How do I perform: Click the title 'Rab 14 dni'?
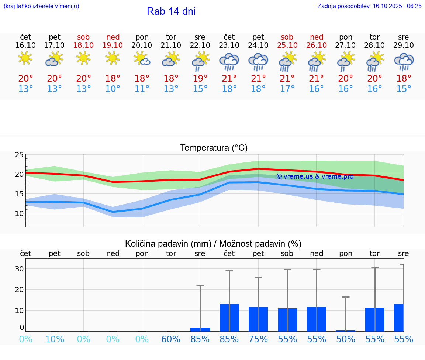coord(171,11)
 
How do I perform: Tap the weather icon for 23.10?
coord(229,62)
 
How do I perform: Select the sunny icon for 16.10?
coord(25,58)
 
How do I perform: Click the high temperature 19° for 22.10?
coord(200,79)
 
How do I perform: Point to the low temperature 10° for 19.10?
coord(113,89)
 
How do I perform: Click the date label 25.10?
coord(287,45)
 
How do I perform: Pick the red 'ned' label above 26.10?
coord(317,37)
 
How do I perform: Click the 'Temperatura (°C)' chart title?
coord(214,148)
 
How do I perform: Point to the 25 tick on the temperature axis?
coord(19,155)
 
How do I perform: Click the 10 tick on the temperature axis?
coord(19,213)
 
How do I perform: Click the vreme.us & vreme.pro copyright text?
coord(315,176)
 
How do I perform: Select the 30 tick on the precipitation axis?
coord(19,269)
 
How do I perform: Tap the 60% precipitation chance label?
coord(171,339)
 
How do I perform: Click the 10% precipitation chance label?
coord(55,339)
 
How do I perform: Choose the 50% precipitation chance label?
coord(346,339)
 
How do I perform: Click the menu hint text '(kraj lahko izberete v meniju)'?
coord(41,6)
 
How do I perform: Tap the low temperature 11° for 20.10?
coord(142,89)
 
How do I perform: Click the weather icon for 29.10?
coord(404,62)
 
